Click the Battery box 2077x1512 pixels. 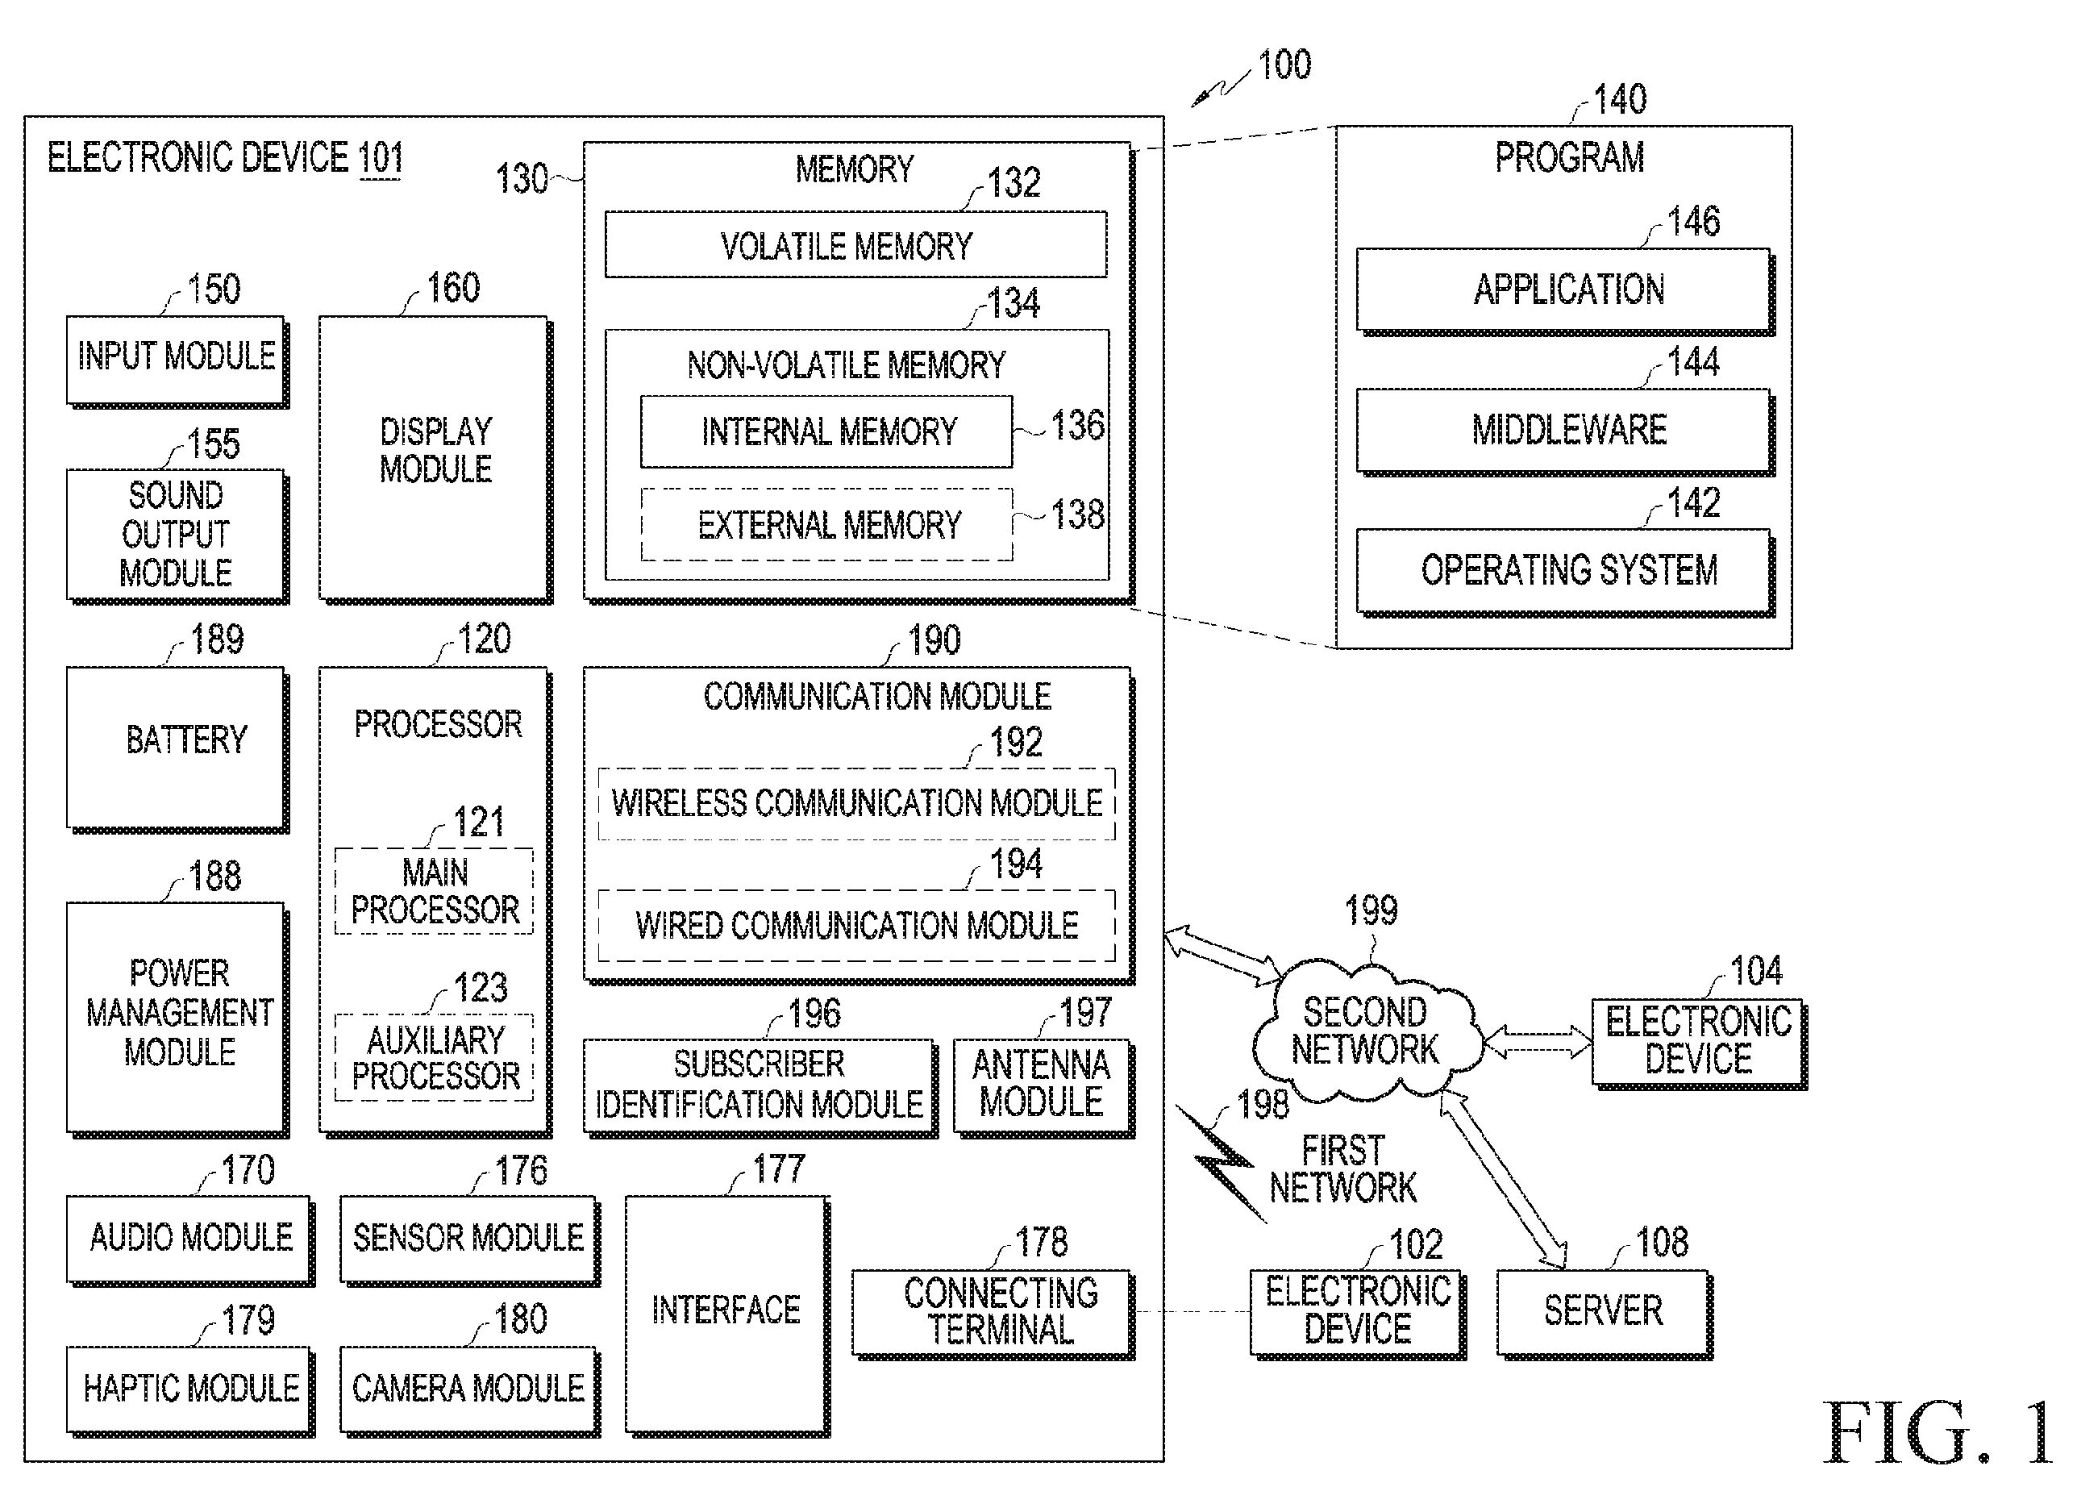(x=177, y=749)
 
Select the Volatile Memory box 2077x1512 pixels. (x=855, y=244)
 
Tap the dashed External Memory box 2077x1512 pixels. (x=827, y=525)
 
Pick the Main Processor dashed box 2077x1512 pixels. (x=434, y=891)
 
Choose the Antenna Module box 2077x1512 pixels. (x=1044, y=1087)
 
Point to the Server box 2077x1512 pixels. (x=1605, y=1314)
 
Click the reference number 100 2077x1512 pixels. (x=1284, y=65)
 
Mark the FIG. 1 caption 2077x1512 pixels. (x=1938, y=1433)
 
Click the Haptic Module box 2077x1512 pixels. (x=190, y=1390)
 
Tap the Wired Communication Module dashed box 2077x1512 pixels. (x=856, y=925)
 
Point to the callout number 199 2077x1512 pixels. (x=1371, y=910)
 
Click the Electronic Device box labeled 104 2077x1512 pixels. (x=1700, y=1043)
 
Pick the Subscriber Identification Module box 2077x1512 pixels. (x=760, y=1087)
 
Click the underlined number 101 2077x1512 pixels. (x=380, y=158)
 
